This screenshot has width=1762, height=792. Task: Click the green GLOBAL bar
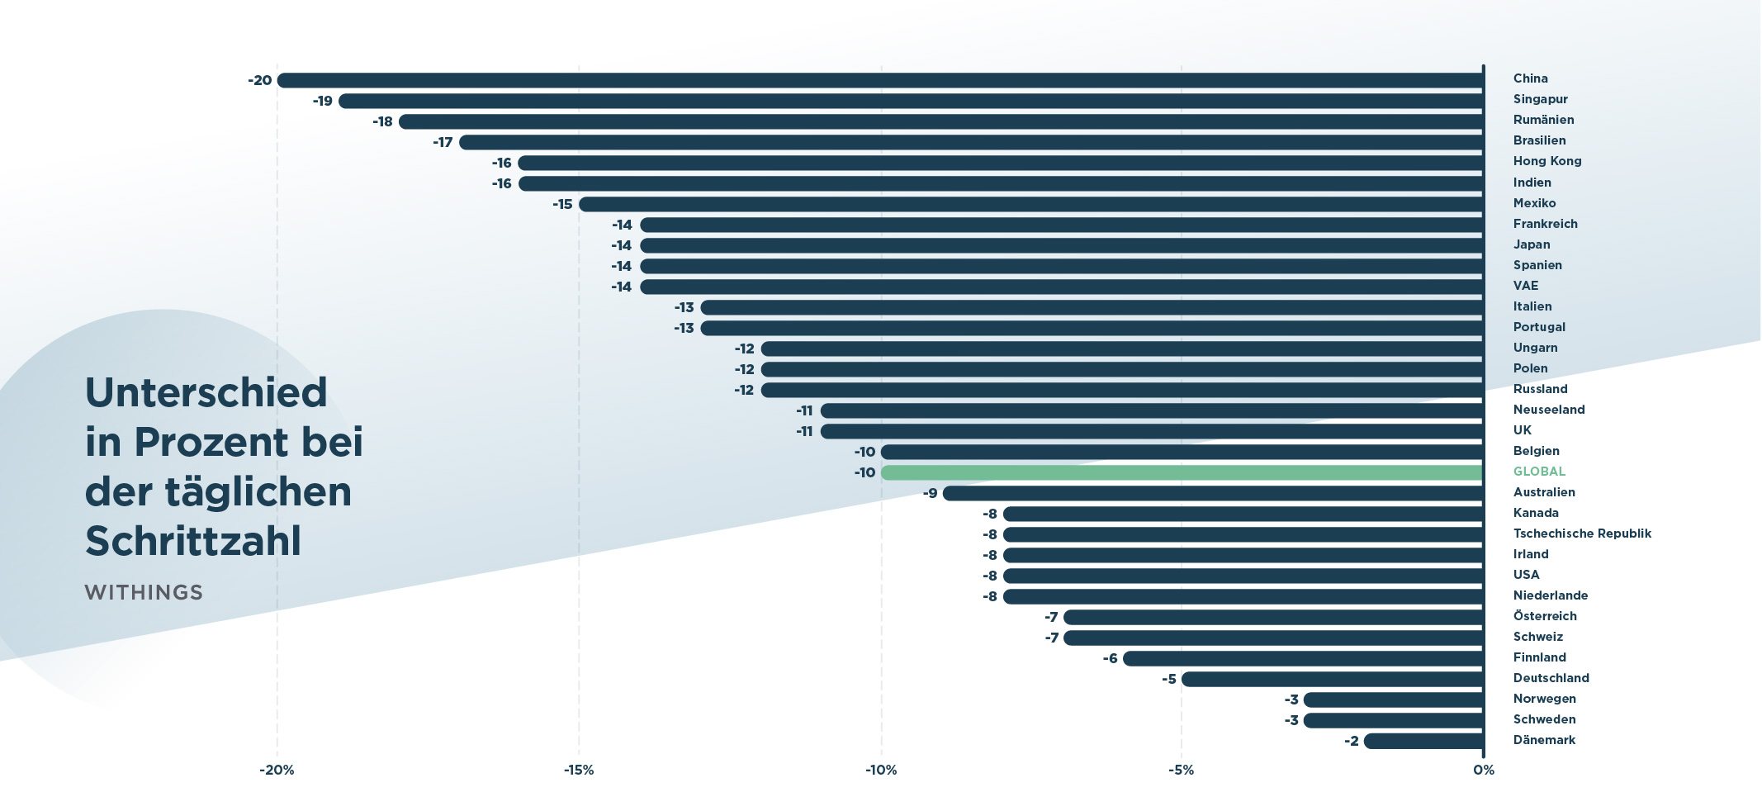[x=1181, y=472]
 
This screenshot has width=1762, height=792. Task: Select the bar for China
[x=879, y=80]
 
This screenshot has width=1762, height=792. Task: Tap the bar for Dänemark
[x=1423, y=741]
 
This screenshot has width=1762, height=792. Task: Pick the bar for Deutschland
[x=1332, y=679]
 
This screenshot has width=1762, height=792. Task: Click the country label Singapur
[x=1540, y=99]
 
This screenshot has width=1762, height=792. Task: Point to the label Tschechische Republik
[x=1582, y=534]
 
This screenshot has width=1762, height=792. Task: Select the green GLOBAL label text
[x=1539, y=472]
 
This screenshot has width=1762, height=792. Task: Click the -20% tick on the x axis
[x=277, y=770]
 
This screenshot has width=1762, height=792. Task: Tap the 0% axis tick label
[x=1483, y=770]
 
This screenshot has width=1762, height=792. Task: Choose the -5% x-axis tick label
[x=1181, y=770]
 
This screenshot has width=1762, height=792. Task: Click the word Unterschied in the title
[x=206, y=392]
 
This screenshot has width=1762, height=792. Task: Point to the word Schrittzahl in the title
[x=193, y=541]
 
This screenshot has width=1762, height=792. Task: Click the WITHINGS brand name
[x=144, y=592]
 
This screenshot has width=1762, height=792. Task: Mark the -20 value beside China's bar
[x=259, y=80]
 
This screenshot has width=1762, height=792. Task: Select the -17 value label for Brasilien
[x=443, y=142]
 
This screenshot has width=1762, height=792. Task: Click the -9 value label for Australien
[x=930, y=493]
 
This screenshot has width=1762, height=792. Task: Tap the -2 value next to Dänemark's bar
[x=1351, y=741]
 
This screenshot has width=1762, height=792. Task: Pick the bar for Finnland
[x=1302, y=658]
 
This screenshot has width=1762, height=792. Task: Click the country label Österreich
[x=1545, y=616]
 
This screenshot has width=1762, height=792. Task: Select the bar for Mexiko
[x=1030, y=204]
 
